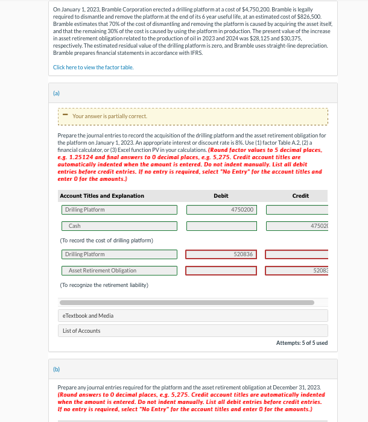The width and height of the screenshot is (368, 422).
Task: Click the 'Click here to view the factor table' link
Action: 94,67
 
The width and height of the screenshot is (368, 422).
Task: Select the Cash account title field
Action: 119,226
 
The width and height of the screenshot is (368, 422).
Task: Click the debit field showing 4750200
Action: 221,210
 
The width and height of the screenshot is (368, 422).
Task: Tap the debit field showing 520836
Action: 221,254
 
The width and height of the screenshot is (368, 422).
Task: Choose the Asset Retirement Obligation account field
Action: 119,271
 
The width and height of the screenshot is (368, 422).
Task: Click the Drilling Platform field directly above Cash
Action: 119,210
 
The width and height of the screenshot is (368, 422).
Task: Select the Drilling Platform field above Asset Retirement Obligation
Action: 119,254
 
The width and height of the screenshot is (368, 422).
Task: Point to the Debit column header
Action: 221,196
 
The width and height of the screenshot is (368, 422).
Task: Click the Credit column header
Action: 300,196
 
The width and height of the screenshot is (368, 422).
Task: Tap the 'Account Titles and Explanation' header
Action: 102,196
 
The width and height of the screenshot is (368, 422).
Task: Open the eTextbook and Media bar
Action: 193,316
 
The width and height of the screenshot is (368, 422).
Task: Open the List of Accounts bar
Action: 193,331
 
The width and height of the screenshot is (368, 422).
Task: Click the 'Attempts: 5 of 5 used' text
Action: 302,342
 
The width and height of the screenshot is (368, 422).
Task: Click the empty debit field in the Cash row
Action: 221,226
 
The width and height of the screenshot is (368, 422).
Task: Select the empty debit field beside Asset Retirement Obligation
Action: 221,271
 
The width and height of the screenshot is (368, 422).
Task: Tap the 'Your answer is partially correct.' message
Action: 109,116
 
